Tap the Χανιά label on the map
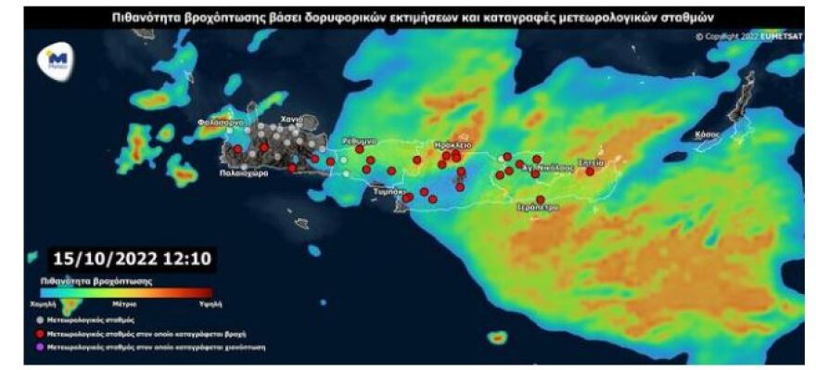(293, 132)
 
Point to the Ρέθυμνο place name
(359, 140)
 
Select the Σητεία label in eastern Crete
(592, 161)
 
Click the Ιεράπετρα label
(538, 209)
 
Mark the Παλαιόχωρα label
(244, 172)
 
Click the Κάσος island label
(708, 134)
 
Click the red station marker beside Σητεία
(590, 171)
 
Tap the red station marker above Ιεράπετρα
(540, 198)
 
